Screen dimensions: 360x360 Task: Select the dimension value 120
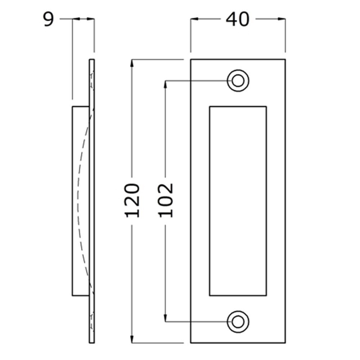tap(132, 200)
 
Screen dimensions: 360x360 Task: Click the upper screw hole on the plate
tap(238, 81)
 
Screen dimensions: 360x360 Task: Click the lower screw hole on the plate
tap(238, 321)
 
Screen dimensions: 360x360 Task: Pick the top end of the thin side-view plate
tap(92, 60)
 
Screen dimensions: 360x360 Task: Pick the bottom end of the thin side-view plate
tap(92, 342)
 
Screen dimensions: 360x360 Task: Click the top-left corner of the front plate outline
tap(191, 59)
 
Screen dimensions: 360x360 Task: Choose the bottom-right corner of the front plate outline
tap(285, 342)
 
